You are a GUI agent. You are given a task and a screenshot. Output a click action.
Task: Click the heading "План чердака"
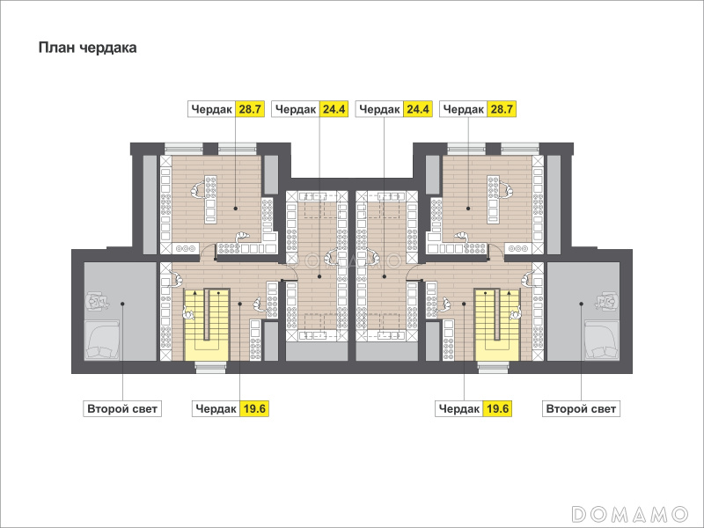87,48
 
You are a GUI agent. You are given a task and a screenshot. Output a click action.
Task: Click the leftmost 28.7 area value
250,109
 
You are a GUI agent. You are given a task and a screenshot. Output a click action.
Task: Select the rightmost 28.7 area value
501,109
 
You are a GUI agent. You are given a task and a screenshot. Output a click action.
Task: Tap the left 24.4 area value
334,109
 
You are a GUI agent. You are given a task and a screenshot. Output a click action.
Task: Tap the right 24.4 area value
417,109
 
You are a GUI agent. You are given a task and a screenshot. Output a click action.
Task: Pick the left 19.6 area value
254,408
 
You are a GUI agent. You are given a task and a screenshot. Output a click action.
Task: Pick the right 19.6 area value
497,408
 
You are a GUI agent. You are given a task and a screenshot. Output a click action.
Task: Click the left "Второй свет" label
122,409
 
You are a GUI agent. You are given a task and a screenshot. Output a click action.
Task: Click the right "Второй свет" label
581,409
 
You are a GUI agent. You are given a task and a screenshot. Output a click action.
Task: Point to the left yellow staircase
207,325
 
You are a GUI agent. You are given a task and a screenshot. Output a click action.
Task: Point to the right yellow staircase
497,325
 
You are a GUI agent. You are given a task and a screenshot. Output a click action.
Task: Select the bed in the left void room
102,340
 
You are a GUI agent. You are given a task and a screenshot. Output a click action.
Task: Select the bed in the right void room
602,340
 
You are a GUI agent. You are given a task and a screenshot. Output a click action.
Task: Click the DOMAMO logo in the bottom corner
630,514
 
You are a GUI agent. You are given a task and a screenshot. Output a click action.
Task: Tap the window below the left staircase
210,367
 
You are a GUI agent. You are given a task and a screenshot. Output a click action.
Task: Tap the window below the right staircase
494,367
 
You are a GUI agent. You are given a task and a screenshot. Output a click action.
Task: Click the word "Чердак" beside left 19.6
216,409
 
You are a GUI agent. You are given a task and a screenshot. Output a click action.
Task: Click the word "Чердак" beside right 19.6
459,409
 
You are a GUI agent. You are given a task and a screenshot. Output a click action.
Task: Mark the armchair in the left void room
98,302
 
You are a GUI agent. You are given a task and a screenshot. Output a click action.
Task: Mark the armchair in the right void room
606,302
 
